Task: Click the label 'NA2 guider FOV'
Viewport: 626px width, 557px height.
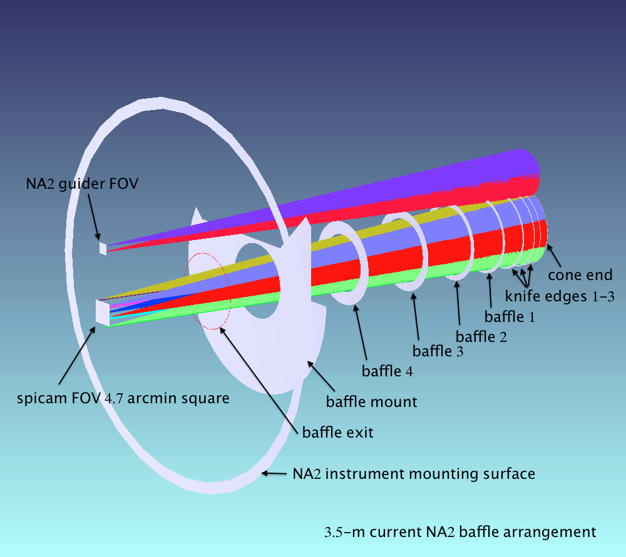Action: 82,184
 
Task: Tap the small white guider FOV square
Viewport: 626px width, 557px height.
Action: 103,248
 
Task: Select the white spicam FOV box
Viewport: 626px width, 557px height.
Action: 103,313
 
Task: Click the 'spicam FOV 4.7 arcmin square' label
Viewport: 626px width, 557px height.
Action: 123,398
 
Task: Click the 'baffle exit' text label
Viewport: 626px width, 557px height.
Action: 338,432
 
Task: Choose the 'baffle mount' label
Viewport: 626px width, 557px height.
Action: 371,401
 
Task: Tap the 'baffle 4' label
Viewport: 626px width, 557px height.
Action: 387,371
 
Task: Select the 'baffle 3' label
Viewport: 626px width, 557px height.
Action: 438,351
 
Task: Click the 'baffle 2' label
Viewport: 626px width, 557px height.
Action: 481,337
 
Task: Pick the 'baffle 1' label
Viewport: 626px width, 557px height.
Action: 510,316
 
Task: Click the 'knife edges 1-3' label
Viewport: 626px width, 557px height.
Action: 559,296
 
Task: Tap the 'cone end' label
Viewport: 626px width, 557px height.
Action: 580,274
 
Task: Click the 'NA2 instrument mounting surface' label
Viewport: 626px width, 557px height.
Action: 414,474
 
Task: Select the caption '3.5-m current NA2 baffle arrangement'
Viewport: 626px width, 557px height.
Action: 460,532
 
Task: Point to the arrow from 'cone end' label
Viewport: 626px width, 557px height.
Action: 554,256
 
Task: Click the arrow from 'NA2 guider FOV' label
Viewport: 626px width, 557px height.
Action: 95,217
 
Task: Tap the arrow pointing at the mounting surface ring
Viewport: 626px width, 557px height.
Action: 274,474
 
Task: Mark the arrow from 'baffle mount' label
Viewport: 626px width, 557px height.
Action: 321,376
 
